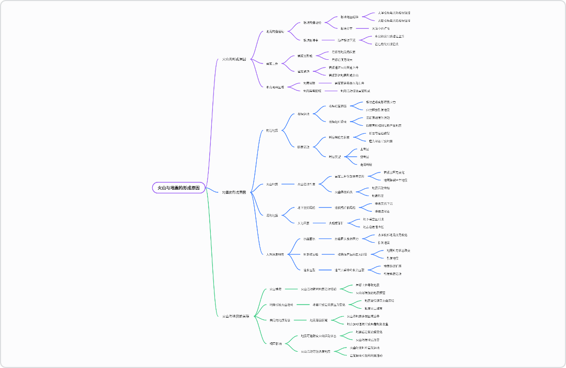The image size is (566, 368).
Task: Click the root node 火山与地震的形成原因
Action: pos(178,188)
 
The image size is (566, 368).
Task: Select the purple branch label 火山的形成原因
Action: pos(234,59)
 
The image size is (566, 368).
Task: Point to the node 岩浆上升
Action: pos(272,63)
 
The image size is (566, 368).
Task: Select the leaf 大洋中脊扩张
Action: pos(381,28)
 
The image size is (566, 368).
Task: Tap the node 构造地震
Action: pos(272,130)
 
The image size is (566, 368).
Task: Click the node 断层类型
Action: pos(335,156)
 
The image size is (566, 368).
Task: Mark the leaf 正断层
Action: pos(365,149)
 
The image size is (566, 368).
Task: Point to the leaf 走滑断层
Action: pos(366,164)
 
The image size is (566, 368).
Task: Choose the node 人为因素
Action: pos(304,223)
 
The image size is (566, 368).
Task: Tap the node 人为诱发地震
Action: pos(275,254)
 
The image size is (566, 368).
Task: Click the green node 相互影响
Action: pos(276,343)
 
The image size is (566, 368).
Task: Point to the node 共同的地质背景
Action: pos(280,320)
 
